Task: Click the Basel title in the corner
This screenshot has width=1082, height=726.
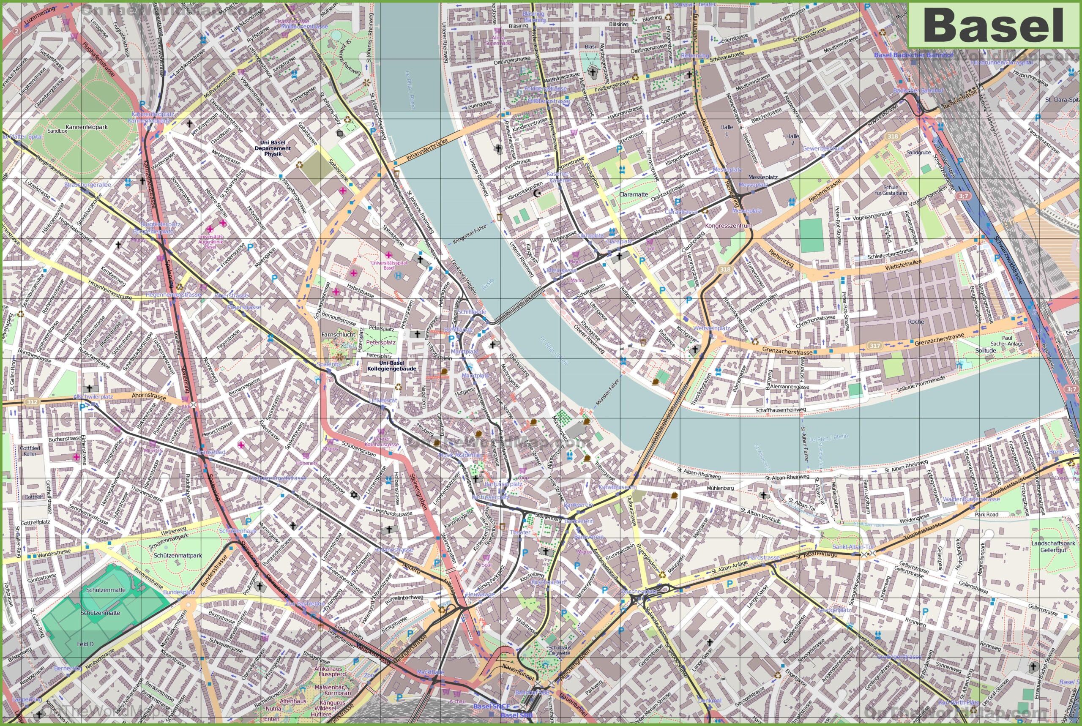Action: point(994,26)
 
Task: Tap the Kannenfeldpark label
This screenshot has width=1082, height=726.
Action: point(87,127)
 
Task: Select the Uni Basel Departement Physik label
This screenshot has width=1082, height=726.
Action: point(273,148)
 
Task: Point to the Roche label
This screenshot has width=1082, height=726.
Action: point(916,322)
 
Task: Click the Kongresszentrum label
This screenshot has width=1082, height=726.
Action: point(728,226)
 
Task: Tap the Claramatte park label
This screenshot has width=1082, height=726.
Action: point(634,194)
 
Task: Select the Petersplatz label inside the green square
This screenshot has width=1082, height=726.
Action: point(380,342)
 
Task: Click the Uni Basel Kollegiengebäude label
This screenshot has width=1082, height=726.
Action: point(391,366)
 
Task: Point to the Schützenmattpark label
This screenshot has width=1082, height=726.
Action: point(178,555)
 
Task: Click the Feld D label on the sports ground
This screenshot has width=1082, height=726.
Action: point(85,644)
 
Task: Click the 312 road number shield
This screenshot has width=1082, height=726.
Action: point(31,402)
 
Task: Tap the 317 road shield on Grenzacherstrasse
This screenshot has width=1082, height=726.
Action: point(874,346)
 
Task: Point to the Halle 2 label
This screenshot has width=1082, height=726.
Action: point(792,139)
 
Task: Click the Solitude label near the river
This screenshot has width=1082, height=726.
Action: point(985,350)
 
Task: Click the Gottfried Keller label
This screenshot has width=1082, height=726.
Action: point(30,451)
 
